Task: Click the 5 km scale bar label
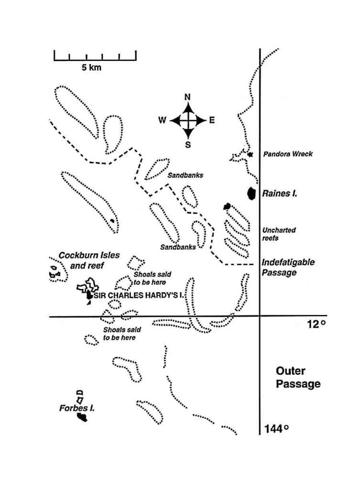tap(91, 68)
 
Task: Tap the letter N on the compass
tap(187, 97)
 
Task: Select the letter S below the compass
tap(187, 145)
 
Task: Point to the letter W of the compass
tap(162, 121)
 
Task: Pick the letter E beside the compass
tap(212, 121)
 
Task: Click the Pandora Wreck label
tap(288, 154)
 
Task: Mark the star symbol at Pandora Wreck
tap(250, 155)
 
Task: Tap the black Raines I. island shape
tap(251, 193)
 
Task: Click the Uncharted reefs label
tap(279, 234)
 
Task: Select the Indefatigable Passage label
tap(288, 267)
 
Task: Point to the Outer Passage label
tap(298, 378)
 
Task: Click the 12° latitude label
tap(316, 324)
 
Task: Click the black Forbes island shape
tap(82, 417)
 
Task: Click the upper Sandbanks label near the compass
tap(185, 175)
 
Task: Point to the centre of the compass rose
tap(187, 120)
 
